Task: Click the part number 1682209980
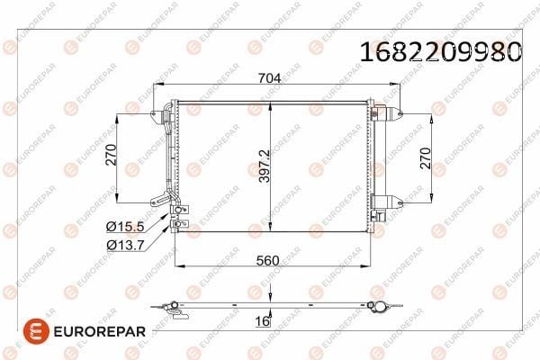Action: coord(441,51)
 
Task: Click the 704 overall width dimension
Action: coord(270,78)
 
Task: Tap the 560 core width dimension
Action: coord(267,260)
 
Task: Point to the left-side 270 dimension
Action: coord(112,155)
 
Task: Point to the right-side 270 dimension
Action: coord(426,158)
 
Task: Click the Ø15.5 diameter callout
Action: coord(125,226)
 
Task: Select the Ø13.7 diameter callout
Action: coord(125,245)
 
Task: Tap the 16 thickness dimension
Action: coord(262,321)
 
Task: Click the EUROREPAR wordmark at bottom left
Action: coord(100,332)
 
